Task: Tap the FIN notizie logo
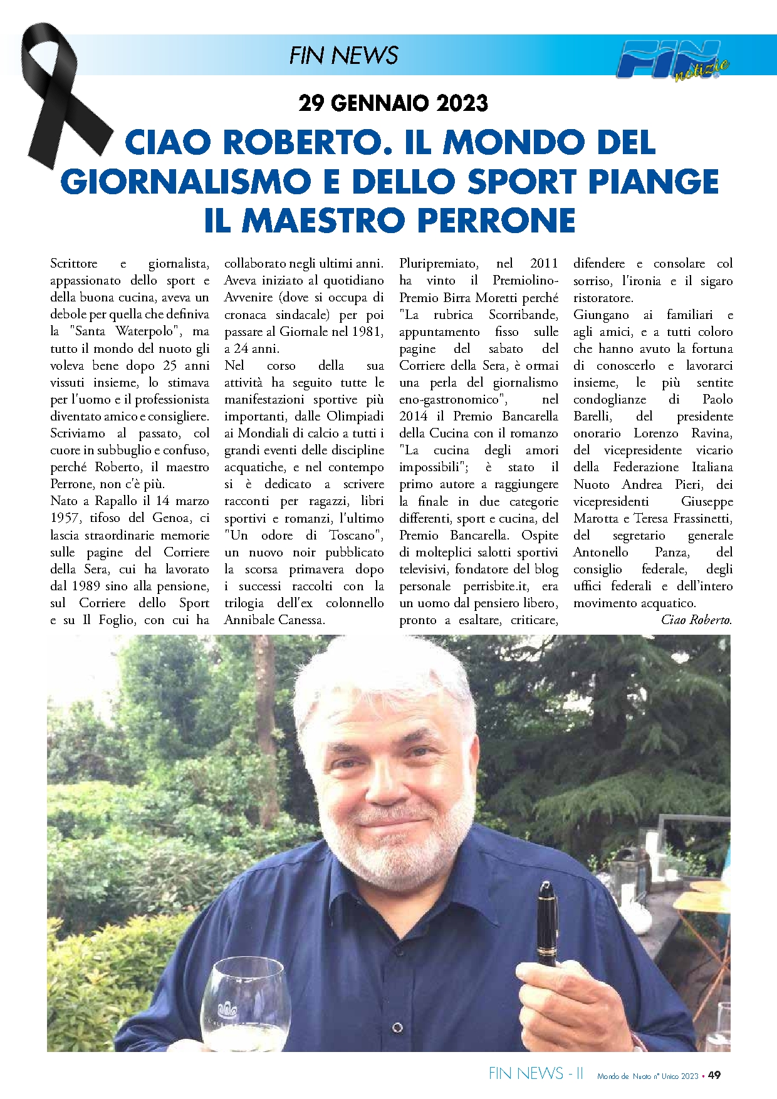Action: [x=674, y=60]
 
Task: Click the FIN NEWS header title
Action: [x=343, y=56]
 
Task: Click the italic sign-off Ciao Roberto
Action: [x=696, y=620]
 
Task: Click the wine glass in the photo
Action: [x=241, y=1003]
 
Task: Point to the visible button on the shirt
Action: [x=397, y=1028]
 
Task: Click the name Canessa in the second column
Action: [x=300, y=620]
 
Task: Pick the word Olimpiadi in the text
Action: [x=355, y=417]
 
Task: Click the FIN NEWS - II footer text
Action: [x=536, y=1074]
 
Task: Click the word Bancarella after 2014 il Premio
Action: [x=530, y=417]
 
